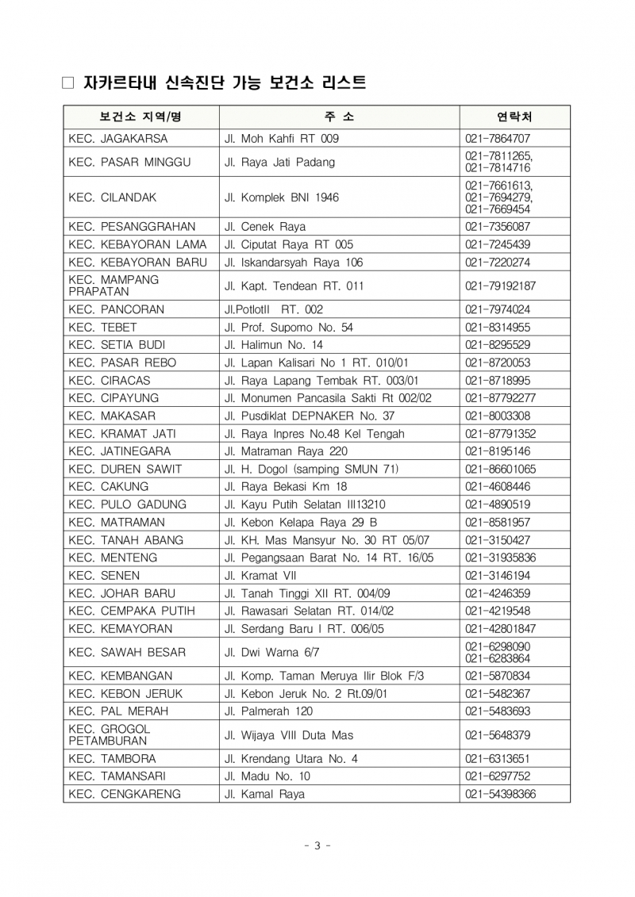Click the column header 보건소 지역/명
click(140, 117)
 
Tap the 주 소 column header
click(339, 117)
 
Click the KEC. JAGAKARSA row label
click(118, 138)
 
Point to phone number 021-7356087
click(498, 226)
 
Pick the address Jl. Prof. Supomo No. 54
click(289, 327)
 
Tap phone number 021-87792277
click(501, 397)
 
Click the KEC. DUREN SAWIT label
click(125, 469)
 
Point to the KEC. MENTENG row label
click(113, 558)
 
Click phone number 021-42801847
click(501, 628)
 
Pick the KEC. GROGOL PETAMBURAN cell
click(109, 734)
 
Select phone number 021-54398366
click(501, 793)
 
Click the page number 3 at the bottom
click(317, 845)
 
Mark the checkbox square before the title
click(67, 82)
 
